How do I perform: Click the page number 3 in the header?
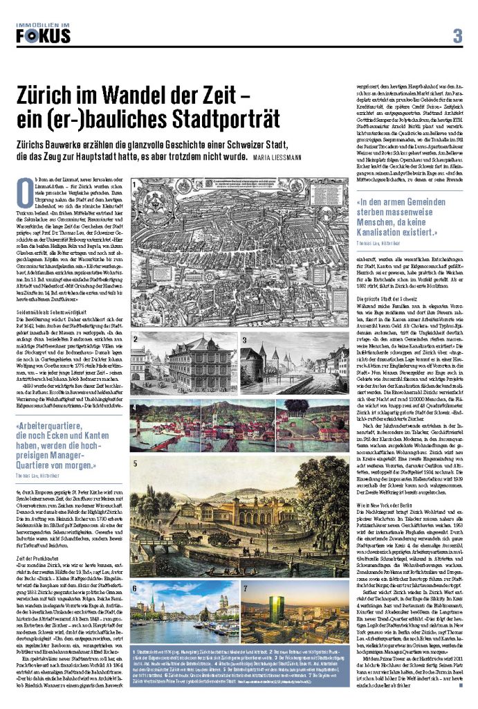coord(457,35)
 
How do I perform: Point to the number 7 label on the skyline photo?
coord(244,587)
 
